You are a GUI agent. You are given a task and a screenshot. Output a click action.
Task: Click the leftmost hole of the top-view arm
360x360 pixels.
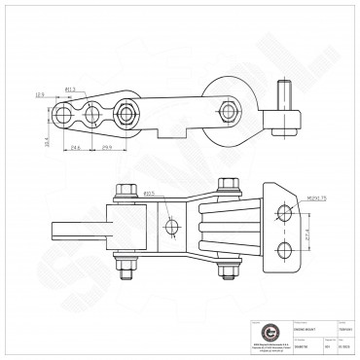point(62,115)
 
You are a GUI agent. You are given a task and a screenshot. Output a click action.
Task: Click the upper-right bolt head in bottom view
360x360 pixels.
point(228,185)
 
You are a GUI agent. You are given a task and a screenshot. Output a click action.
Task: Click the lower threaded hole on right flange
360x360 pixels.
point(284,251)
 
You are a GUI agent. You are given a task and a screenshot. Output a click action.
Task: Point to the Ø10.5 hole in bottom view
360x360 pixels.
point(172,228)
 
